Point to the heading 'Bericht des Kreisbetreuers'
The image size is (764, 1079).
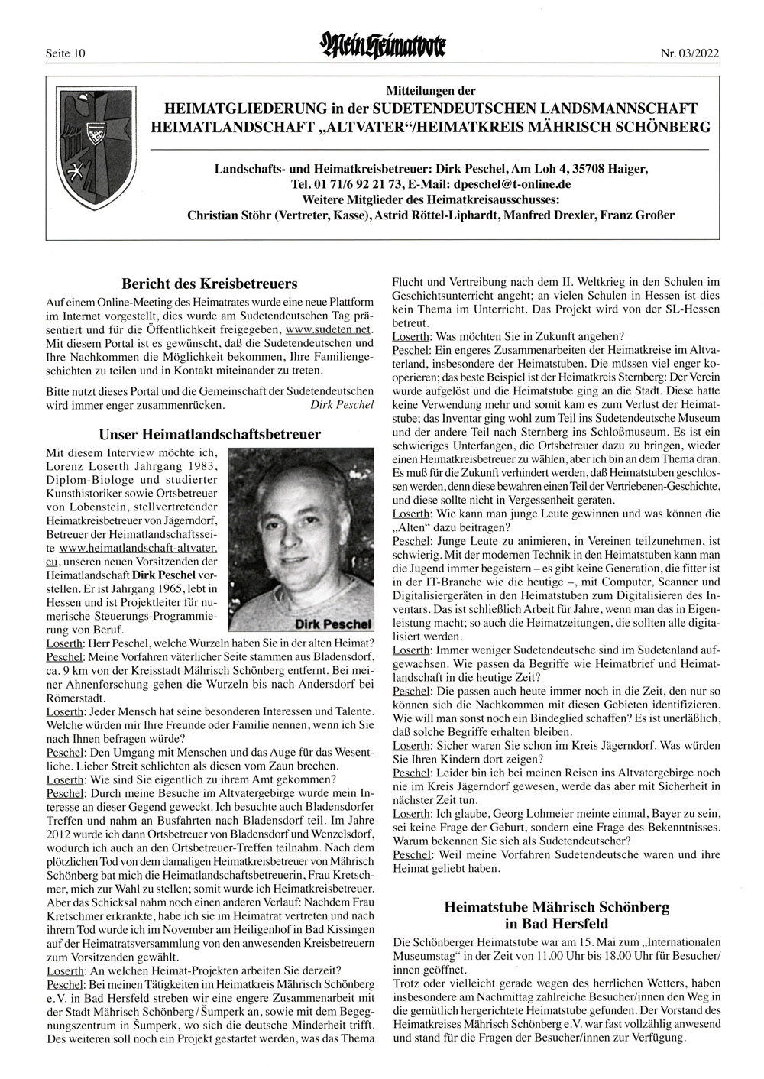click(x=210, y=284)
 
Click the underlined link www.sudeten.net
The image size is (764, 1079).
click(x=338, y=329)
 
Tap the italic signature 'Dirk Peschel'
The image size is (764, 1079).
click(x=343, y=403)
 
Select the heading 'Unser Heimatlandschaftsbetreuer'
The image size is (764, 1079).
click(x=210, y=434)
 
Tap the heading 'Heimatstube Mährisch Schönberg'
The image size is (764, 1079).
click(x=556, y=907)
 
